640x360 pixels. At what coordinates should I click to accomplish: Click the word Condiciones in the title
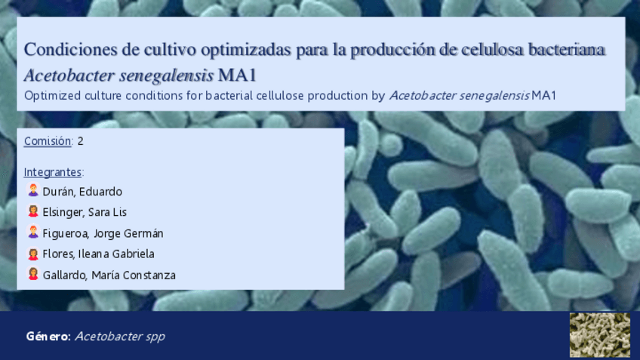click(x=71, y=49)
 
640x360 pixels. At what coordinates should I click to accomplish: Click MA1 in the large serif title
click(x=237, y=75)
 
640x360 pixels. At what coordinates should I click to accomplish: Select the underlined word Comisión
click(x=48, y=141)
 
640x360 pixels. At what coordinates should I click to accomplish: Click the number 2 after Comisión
click(x=81, y=141)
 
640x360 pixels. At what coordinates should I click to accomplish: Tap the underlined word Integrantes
click(x=53, y=172)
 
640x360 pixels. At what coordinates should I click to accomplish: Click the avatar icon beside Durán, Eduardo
click(x=33, y=189)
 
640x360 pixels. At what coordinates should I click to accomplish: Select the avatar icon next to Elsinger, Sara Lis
click(x=33, y=211)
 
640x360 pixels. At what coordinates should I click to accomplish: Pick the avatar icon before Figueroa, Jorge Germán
click(x=33, y=232)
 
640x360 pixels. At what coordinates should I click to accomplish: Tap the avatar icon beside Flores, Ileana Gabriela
click(x=33, y=254)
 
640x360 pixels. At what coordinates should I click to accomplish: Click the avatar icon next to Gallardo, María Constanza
click(x=33, y=273)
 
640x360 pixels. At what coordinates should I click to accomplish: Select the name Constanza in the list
click(x=149, y=275)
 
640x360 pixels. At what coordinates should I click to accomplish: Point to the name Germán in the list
click(x=143, y=233)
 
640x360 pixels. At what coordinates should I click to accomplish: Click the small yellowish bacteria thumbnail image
click(x=599, y=335)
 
